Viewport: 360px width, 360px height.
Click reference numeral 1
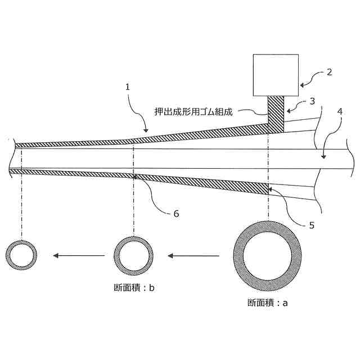[128, 87]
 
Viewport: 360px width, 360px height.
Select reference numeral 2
[330, 72]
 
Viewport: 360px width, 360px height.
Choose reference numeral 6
[176, 213]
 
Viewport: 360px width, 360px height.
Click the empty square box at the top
[276, 75]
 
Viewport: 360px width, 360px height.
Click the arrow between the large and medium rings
[194, 256]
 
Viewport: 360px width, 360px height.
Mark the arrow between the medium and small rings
[79, 256]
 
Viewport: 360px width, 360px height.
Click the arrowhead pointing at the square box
[303, 84]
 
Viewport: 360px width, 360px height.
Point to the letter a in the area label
[285, 303]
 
